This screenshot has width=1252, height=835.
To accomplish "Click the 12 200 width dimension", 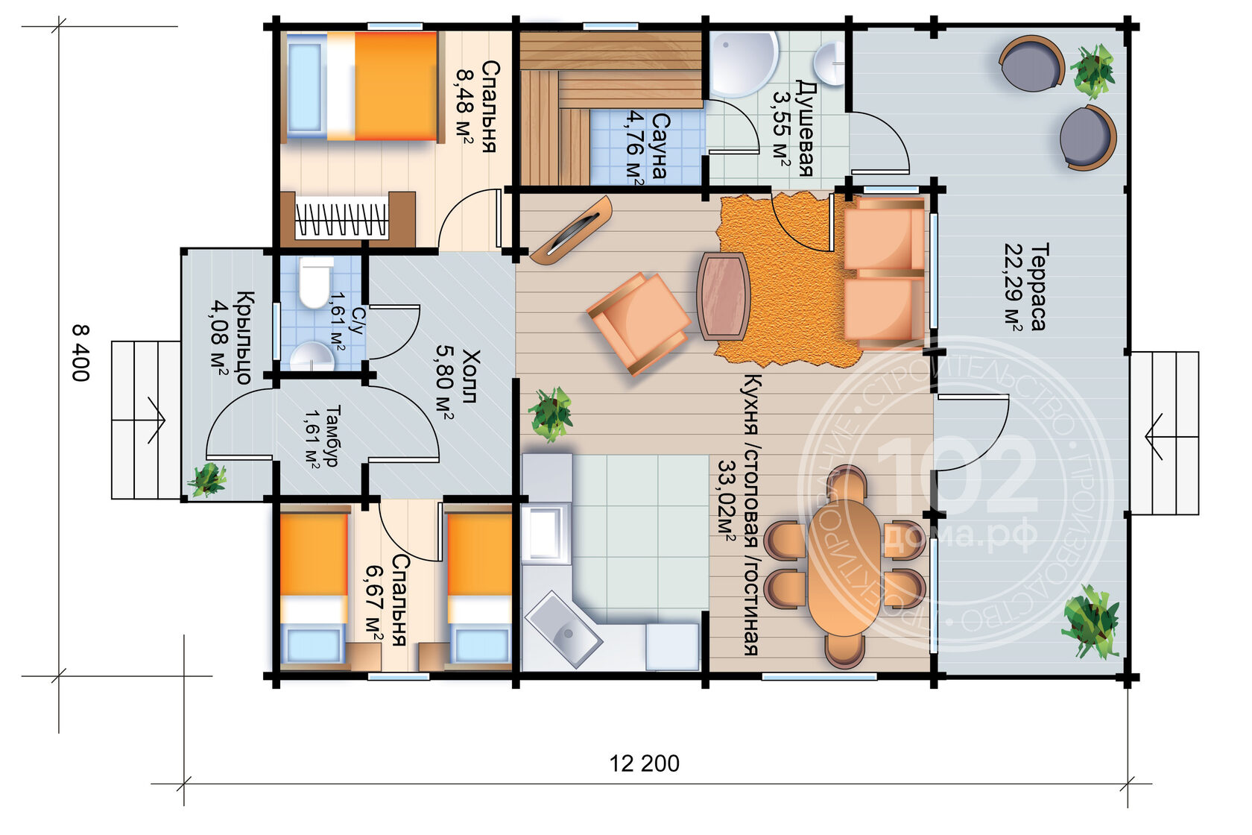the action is pos(644,763).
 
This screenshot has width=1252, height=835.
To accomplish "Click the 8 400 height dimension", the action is pos(80,353).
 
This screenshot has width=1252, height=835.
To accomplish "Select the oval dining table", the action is pos(844,567).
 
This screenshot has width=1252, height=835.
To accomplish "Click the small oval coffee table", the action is pos(723,297).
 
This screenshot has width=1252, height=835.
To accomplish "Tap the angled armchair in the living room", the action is pos(639,323).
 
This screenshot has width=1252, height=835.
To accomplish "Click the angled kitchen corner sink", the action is pos(563,629).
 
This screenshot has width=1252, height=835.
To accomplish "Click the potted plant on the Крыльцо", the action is pos(208,479).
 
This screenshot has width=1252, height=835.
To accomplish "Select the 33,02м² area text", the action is pos(727,501).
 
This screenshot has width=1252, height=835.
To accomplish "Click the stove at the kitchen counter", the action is pos(544,533).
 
